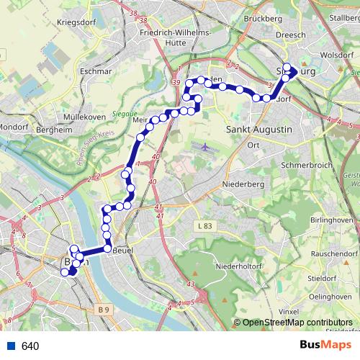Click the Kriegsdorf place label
pos(77,23)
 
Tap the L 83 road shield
pos(205,226)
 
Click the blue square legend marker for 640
pos(11,346)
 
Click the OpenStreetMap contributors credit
pos(297,323)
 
